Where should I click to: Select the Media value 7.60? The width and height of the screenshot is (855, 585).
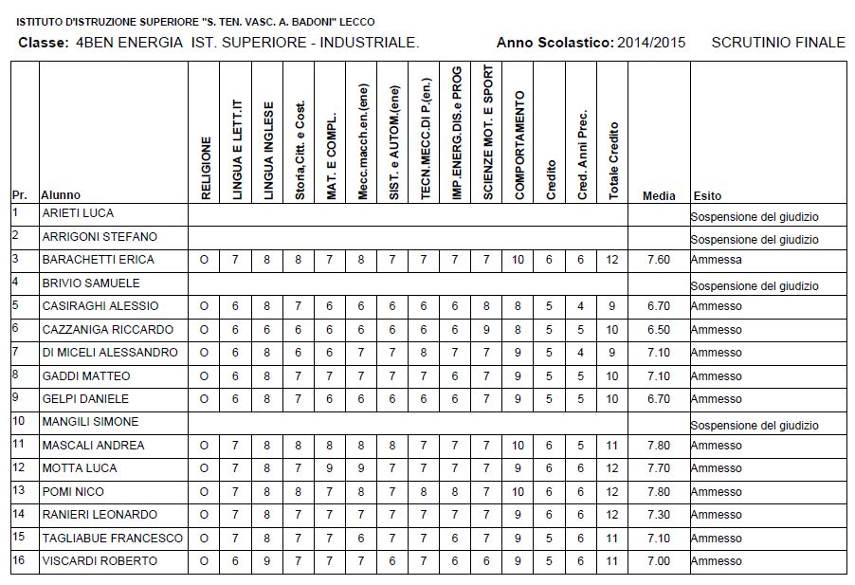(659, 260)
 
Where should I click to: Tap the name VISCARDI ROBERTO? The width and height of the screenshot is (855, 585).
(100, 561)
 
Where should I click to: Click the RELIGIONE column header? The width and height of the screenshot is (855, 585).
(205, 168)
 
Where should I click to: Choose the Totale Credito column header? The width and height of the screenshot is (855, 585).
(613, 160)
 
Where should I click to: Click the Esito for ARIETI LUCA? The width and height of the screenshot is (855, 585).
(755, 217)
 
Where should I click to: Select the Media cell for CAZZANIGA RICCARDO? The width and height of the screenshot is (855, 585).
(659, 329)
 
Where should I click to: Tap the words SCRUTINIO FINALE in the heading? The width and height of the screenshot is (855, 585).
(777, 43)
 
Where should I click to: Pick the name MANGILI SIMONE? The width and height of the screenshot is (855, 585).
(90, 422)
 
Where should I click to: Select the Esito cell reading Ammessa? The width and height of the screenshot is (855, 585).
(717, 260)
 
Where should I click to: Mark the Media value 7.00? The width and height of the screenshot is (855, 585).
(659, 561)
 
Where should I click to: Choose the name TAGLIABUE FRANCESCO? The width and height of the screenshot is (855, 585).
(113, 538)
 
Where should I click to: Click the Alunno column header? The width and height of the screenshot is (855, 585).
(61, 195)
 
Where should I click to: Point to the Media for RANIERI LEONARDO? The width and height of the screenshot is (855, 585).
(659, 515)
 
